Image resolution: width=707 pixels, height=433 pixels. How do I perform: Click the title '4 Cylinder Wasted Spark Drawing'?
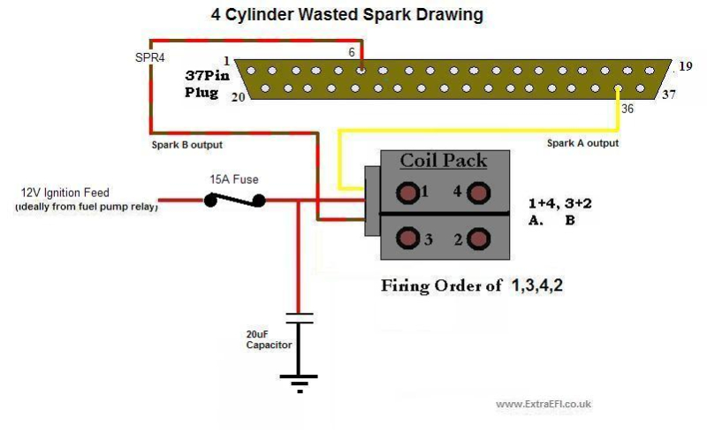point(346,15)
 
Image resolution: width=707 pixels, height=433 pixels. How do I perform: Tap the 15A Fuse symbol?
point(234,201)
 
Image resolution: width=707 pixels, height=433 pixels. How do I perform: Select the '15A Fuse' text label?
point(234,179)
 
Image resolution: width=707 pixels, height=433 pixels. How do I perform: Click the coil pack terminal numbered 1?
point(408,192)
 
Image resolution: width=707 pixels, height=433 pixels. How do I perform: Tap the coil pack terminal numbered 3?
point(408,239)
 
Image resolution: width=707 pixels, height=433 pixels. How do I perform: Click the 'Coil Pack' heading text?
point(443,161)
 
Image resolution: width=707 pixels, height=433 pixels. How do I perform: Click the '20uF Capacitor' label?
point(269,339)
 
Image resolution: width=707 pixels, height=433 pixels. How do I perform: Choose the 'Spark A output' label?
point(582,143)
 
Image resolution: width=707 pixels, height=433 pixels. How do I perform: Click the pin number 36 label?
point(627,109)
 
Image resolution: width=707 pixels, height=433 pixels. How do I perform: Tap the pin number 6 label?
point(352,53)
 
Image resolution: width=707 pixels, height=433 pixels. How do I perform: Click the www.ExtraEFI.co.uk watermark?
point(544,404)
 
